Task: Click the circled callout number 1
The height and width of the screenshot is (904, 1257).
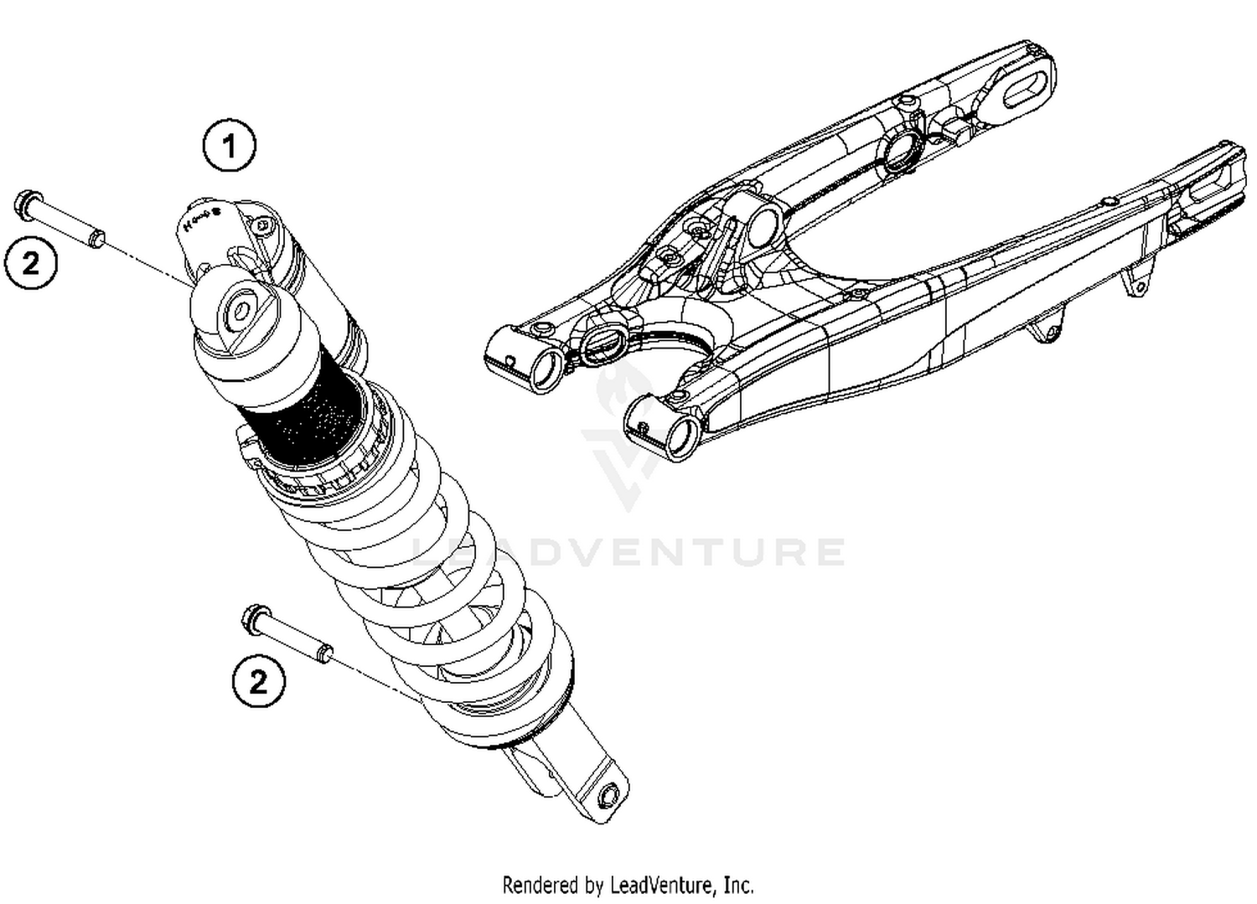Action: click(229, 147)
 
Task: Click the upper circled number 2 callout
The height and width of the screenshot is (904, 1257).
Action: click(31, 264)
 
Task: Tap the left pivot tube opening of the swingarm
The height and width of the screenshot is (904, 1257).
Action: click(546, 369)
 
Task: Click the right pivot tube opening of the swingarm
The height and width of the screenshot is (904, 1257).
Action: click(683, 436)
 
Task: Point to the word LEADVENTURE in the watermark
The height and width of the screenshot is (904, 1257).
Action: click(628, 552)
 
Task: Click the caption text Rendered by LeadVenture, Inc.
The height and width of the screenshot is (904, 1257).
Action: click(628, 885)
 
